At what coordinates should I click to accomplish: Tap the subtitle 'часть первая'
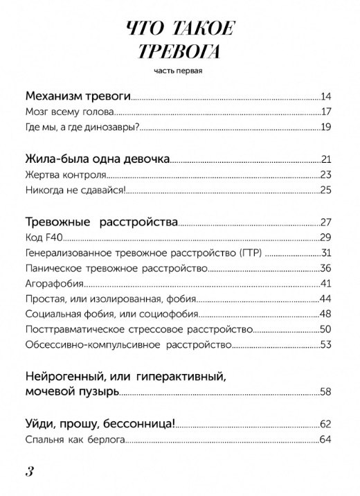tap(179, 70)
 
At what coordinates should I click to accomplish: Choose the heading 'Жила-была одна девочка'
tap(97, 159)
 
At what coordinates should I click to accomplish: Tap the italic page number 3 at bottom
tap(30, 472)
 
